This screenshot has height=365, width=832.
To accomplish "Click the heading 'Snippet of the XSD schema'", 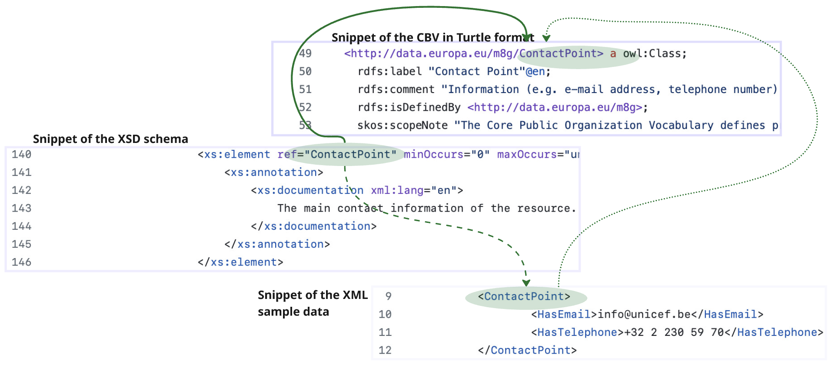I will pyautogui.click(x=110, y=139).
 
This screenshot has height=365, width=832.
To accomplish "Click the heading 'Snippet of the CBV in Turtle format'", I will pyautogui.click(x=433, y=37).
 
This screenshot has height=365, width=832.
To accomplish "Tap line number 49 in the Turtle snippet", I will pyautogui.click(x=305, y=53).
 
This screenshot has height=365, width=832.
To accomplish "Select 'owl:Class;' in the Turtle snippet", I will pyautogui.click(x=655, y=53).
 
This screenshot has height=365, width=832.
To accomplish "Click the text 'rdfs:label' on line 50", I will pyautogui.click(x=389, y=71).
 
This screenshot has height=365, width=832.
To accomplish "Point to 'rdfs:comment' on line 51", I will pyautogui.click(x=396, y=90).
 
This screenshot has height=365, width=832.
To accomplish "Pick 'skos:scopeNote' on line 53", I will pyautogui.click(x=402, y=126).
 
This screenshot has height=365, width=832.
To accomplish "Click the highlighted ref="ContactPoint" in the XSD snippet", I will pyautogui.click(x=337, y=154).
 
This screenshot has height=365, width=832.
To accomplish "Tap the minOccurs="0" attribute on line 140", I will pyautogui.click(x=446, y=154).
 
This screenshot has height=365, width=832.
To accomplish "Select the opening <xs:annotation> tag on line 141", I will pyautogui.click(x=274, y=173).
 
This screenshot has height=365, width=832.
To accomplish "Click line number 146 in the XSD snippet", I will pyautogui.click(x=21, y=262).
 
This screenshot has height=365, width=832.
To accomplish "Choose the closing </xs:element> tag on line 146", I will pyautogui.click(x=240, y=262).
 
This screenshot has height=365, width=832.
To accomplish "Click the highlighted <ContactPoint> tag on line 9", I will pyautogui.click(x=524, y=296).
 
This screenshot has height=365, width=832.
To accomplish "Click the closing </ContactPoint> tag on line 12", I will pyautogui.click(x=527, y=350).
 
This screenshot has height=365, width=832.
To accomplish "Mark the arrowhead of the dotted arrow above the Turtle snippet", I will pyautogui.click(x=546, y=38).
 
